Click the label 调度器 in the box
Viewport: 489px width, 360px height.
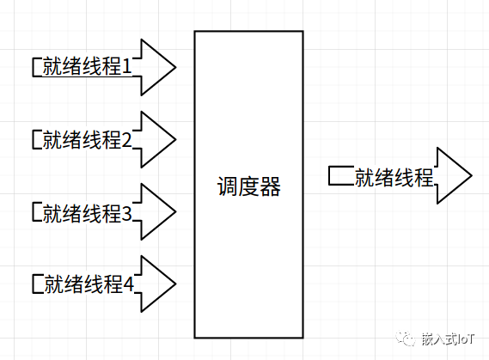pyautogui.click(x=249, y=186)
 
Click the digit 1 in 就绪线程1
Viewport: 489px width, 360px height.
pyautogui.click(x=127, y=66)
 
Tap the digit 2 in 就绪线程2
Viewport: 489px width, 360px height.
pyautogui.click(x=126, y=139)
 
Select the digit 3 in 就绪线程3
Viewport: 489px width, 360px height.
pyautogui.click(x=126, y=213)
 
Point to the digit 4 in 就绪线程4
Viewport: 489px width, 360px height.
pyautogui.click(x=129, y=284)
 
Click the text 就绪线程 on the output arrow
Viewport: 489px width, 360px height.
pyautogui.click(x=394, y=178)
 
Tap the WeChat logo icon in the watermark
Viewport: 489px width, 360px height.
pyautogui.click(x=406, y=339)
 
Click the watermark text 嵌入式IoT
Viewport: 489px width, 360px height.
pyautogui.click(x=448, y=339)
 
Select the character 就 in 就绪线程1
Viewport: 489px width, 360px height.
pyautogui.click(x=52, y=66)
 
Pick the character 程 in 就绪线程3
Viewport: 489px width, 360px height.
pyautogui.click(x=111, y=213)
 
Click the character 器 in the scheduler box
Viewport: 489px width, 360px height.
pyautogui.click(x=271, y=186)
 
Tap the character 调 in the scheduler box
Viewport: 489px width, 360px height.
pyautogui.click(x=228, y=186)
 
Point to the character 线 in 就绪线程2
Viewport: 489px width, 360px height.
pyautogui.click(x=91, y=140)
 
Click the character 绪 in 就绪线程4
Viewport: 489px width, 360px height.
pyautogui.click(x=74, y=284)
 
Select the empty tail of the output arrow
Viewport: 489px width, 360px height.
pyautogui.click(x=342, y=176)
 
